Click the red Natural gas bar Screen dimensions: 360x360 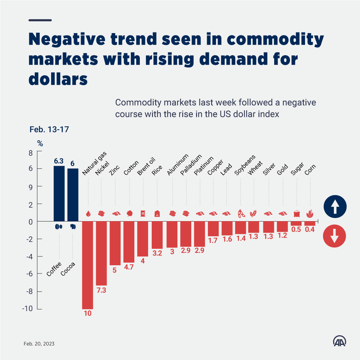[x=87, y=265]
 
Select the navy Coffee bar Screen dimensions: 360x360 [x=59, y=193]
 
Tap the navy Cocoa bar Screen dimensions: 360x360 [x=73, y=195]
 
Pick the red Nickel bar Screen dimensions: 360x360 [x=101, y=253]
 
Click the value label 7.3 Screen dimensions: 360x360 [x=101, y=290]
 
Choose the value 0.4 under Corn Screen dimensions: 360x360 [x=310, y=230]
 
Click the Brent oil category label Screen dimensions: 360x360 [x=146, y=166]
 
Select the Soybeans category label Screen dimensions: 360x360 [x=245, y=165]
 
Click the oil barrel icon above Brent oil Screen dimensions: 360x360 [x=143, y=213]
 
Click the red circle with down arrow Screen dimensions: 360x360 [x=334, y=236]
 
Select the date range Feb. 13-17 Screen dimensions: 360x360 [x=49, y=130]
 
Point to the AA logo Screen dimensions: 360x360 [x=339, y=342]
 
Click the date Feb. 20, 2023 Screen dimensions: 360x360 [x=39, y=344]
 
